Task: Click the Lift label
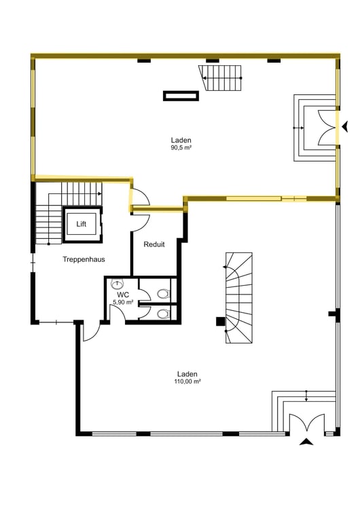tap(82, 224)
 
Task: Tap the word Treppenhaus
tap(84, 259)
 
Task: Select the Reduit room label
tap(154, 244)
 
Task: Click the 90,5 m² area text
tap(181, 148)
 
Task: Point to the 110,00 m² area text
tap(187, 381)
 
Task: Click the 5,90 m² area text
tap(123, 302)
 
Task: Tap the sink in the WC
tap(117, 284)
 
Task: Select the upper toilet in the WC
tap(164, 294)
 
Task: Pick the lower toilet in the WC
tap(164, 314)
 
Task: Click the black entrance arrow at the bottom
tap(306, 442)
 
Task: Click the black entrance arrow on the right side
tap(345, 126)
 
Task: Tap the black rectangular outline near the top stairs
tap(181, 96)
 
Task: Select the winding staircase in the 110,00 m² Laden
tap(239, 298)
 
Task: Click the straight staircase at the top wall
tap(221, 78)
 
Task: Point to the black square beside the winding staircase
tap(221, 321)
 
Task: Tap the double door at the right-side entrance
tap(327, 128)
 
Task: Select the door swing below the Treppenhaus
tap(91, 332)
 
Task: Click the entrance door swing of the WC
tap(117, 314)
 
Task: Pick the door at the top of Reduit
tap(141, 222)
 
